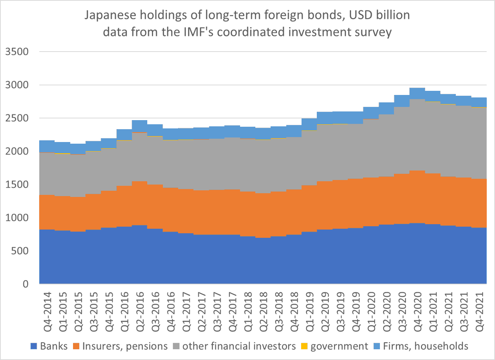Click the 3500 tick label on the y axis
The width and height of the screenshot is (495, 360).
17,52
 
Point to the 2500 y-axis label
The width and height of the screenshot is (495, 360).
17,118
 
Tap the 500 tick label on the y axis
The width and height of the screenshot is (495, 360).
20,251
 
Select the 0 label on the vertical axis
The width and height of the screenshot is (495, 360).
26,284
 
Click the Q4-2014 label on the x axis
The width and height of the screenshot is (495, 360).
47,312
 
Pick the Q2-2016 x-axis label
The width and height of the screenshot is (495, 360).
140,312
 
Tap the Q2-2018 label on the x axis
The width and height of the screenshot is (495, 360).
264,312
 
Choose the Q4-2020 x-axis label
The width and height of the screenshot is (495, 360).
418,312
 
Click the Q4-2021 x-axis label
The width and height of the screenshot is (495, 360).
479,312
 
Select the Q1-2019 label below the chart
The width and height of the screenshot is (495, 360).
310,312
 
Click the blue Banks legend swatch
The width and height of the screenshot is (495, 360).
33,346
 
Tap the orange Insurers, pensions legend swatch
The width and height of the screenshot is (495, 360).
76,346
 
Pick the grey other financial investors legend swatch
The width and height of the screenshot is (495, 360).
176,346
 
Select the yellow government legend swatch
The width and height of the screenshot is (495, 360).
304,346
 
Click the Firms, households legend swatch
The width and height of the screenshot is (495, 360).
377,346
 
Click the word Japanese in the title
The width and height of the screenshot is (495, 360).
110,15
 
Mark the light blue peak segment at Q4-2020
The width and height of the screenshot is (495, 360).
417,94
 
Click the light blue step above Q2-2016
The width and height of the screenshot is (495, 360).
140,126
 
